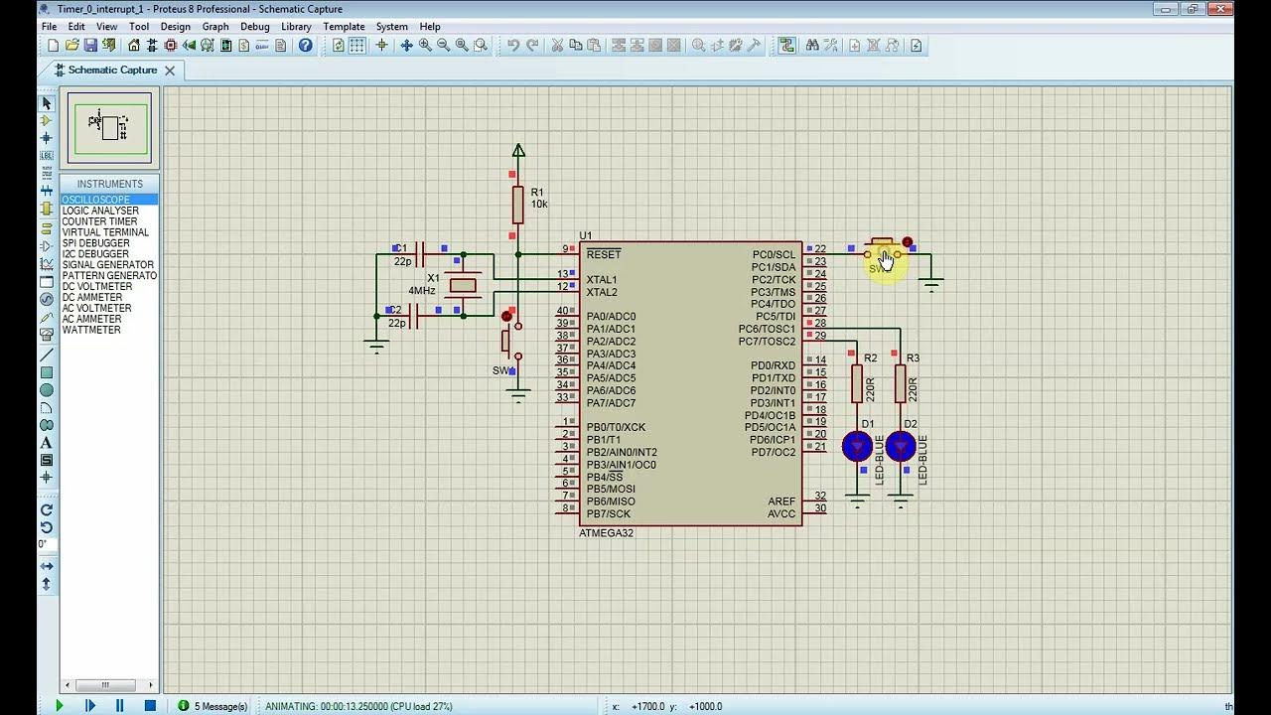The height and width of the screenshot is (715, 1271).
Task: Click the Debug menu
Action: click(254, 27)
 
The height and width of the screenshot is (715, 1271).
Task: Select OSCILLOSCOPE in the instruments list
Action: click(96, 200)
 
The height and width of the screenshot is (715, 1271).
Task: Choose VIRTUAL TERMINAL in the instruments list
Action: click(105, 232)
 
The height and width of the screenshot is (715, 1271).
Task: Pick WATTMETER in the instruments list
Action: click(91, 330)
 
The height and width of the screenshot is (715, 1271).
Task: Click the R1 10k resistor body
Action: click(517, 205)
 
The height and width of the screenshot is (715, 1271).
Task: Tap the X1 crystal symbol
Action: click(463, 286)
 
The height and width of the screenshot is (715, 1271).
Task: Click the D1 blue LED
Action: click(857, 446)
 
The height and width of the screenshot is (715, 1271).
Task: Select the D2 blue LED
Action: click(901, 446)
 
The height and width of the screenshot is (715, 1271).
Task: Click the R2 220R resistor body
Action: click(857, 383)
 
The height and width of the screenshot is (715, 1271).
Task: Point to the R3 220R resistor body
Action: click(901, 383)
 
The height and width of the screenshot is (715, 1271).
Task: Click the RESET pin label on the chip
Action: click(603, 255)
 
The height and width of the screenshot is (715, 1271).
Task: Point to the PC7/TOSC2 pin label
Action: click(767, 342)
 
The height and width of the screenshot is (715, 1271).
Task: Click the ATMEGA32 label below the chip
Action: click(606, 533)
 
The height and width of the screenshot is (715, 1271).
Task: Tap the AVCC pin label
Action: click(781, 513)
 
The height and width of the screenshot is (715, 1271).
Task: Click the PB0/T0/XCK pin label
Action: click(616, 427)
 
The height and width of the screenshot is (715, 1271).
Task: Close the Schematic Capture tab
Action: click(170, 71)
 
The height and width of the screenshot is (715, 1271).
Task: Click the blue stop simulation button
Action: click(150, 706)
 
